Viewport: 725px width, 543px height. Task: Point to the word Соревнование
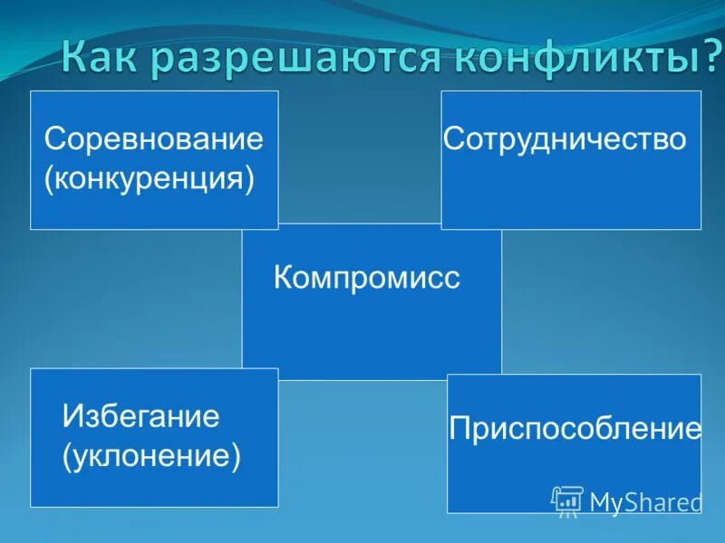(154, 139)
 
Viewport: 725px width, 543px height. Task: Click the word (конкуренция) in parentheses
(149, 177)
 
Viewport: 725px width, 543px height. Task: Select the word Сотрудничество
(565, 139)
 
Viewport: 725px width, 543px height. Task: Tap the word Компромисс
(367, 277)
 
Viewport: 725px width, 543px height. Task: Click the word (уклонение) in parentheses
(151, 454)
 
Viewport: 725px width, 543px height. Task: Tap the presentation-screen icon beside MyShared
(567, 500)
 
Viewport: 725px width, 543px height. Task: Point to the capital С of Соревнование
(55, 139)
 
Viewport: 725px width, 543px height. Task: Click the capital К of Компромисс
(282, 277)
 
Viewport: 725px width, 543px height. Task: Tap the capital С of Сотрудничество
(452, 139)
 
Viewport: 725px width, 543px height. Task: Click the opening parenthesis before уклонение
(66, 455)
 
